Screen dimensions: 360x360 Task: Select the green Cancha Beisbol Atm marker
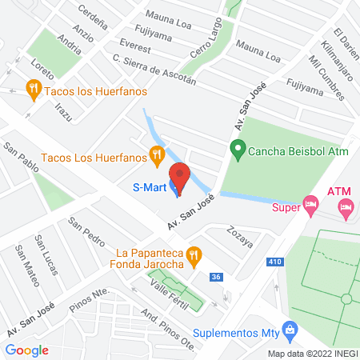pyautogui.click(x=237, y=148)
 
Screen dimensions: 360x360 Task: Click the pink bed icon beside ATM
pyautogui.click(x=346, y=210)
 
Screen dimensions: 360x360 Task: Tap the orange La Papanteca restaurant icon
pyautogui.click(x=193, y=255)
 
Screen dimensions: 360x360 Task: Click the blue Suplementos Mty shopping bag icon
pyautogui.click(x=290, y=329)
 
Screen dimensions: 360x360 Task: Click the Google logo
pyautogui.click(x=27, y=350)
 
